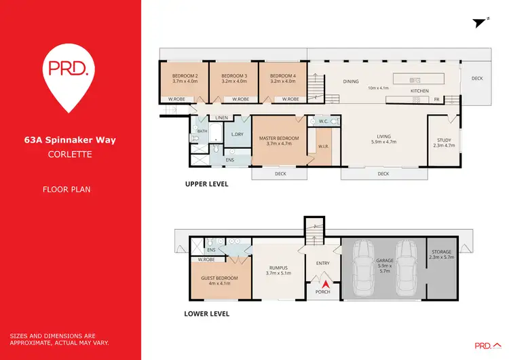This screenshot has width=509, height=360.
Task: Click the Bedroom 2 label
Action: point(185,75)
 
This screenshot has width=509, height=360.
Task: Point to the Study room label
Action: point(444,140)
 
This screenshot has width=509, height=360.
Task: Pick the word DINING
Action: point(350,82)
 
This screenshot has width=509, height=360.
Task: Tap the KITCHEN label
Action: point(419,91)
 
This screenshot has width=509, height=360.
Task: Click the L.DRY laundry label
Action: point(237,134)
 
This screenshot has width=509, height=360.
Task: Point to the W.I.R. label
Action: point(323,146)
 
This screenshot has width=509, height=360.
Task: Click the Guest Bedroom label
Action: point(219,278)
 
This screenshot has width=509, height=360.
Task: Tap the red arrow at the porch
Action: point(325,285)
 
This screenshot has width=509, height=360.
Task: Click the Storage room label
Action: point(442,253)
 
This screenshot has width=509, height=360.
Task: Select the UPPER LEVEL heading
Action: point(206,184)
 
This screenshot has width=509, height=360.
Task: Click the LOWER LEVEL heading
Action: point(207,314)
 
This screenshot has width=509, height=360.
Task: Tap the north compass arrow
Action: point(480,22)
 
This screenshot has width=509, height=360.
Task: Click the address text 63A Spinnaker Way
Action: point(71,141)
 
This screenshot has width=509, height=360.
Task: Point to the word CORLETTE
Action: point(70,154)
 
